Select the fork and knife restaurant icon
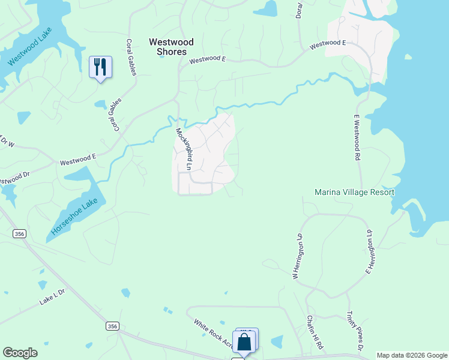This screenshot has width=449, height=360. click(x=100, y=67)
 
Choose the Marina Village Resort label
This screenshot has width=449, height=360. click(x=355, y=193)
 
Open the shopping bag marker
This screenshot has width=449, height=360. click(x=245, y=342)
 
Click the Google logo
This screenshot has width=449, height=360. click(x=20, y=353)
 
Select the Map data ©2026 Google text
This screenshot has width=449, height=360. click(x=412, y=355)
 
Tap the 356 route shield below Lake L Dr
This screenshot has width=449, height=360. click(x=112, y=326)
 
